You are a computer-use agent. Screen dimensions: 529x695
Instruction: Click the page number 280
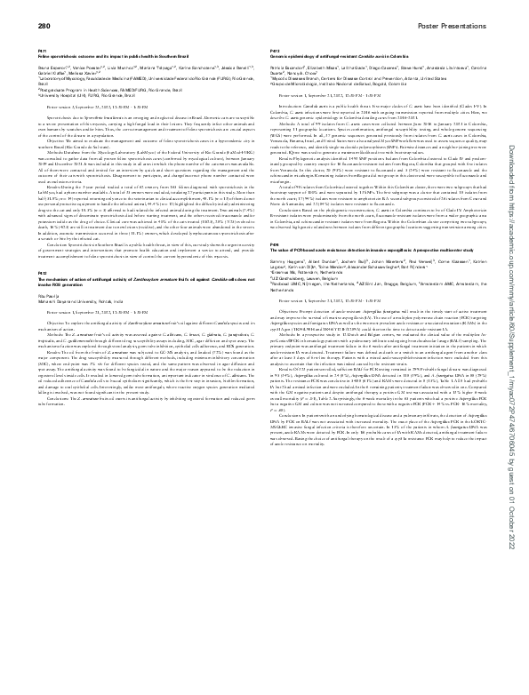[x=43, y=28]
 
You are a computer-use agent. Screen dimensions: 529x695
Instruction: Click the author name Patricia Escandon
[x=289, y=68]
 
